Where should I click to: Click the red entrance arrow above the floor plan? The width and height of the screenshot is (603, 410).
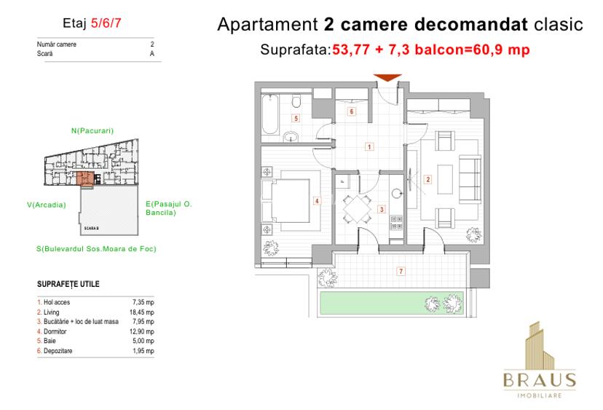[387, 78]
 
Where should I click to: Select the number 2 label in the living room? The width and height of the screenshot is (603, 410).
[428, 180]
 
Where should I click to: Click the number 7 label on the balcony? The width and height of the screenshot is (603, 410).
[401, 272]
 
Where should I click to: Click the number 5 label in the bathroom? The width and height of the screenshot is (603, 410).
[295, 118]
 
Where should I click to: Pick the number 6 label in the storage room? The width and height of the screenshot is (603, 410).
[352, 111]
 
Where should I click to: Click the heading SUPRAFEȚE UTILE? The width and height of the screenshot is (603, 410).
[68, 284]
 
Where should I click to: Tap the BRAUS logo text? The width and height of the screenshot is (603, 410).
[540, 380]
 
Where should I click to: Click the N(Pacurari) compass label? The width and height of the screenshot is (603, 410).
[92, 131]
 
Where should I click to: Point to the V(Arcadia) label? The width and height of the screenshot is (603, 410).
[46, 205]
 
